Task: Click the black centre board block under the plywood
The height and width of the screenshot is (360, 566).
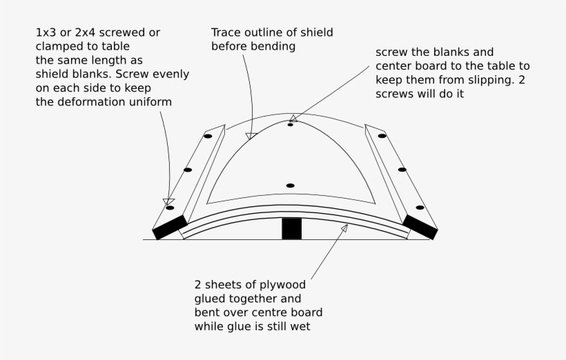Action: click(291, 229)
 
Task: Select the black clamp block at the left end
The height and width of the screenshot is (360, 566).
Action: click(170, 227)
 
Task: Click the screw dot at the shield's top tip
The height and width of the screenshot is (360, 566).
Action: click(291, 125)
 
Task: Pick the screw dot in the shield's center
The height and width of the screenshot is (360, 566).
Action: click(290, 186)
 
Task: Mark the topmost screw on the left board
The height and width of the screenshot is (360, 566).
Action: click(207, 136)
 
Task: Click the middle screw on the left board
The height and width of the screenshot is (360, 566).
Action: click(187, 170)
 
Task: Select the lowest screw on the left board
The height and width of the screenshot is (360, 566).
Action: click(170, 207)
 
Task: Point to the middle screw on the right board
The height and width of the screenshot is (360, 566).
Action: click(402, 170)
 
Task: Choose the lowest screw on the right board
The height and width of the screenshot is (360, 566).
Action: click(419, 207)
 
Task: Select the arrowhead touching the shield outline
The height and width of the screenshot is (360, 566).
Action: click(251, 135)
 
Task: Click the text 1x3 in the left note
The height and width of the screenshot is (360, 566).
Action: click(47, 33)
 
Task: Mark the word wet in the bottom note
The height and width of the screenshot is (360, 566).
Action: click(300, 326)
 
